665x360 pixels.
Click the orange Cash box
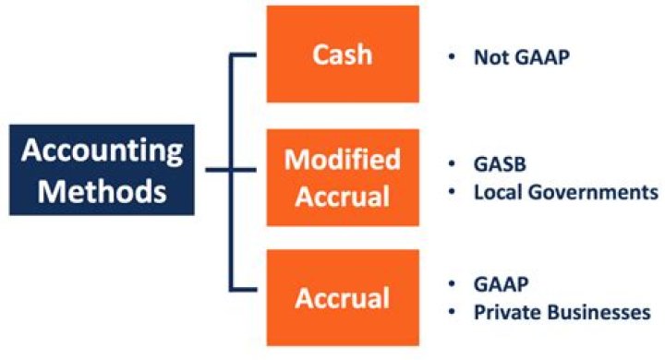pos(343,54)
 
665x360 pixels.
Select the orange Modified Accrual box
pos(343,177)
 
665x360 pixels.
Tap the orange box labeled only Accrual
pos(343,299)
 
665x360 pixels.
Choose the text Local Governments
pos(565,193)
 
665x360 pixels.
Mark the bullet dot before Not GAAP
pos(452,57)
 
